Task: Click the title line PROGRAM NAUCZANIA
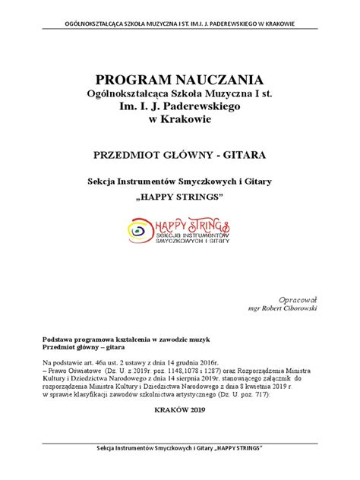click(179, 80)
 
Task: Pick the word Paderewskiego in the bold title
click(199, 109)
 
